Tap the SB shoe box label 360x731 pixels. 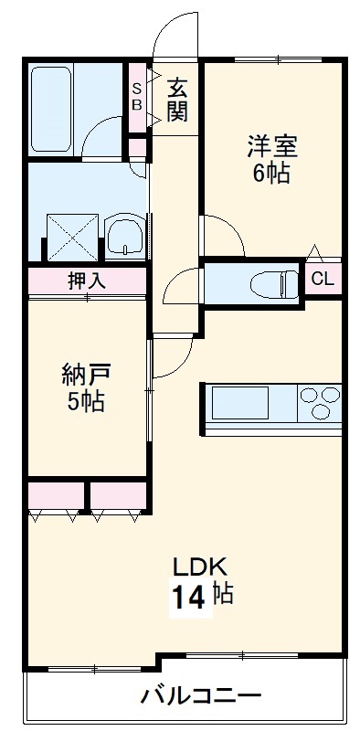(x=137, y=96)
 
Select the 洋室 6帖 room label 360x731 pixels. (x=271, y=159)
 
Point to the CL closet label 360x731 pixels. (x=323, y=280)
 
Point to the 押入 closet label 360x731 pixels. (x=86, y=281)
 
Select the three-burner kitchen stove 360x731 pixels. (x=316, y=403)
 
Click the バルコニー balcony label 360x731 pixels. (x=187, y=697)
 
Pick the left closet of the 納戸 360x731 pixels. (x=56, y=497)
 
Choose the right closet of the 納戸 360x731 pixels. (x=118, y=497)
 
